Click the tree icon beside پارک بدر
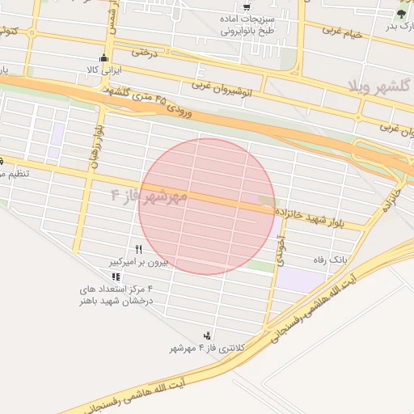(402, 14)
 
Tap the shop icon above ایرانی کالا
(103, 58)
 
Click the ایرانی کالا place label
(103, 70)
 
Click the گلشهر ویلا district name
(380, 85)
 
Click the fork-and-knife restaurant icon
(139, 250)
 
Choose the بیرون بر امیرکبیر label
(138, 262)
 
